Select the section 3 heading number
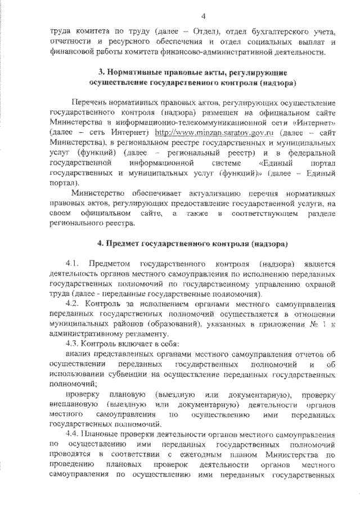tap(102, 74)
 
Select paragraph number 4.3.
tap(73, 343)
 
